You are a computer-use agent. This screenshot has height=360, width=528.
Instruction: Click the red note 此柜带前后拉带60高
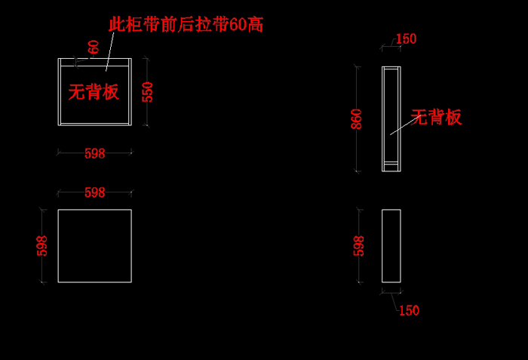pos(186,25)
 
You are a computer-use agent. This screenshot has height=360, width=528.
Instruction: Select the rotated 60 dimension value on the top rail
pos(94,47)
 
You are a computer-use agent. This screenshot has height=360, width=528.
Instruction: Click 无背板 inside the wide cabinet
pos(94,91)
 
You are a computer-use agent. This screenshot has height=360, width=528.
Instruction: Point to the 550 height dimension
pos(147,91)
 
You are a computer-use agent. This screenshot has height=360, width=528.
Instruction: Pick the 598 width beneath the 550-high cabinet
pos(94,154)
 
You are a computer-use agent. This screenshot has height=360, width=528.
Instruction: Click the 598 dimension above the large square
pos(94,192)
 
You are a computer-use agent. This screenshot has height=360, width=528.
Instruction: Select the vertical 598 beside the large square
pos(42,246)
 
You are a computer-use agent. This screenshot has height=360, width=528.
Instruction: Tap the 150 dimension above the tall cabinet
pos(406,39)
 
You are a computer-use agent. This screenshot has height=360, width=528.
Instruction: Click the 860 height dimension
pos(356,119)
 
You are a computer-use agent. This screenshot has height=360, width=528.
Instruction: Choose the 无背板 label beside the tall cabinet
pos(436,117)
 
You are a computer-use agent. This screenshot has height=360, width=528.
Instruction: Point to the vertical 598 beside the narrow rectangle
pos(358,246)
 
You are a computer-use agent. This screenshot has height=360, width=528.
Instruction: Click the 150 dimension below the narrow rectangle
pos(409,310)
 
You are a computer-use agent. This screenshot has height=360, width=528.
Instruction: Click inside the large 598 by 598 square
pos(94,246)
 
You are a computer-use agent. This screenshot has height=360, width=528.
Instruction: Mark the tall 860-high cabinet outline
pos(382,119)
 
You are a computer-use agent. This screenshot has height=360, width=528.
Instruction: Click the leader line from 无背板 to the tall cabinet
pos(406,125)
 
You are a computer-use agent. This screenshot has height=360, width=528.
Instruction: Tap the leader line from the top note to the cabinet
pos(110,51)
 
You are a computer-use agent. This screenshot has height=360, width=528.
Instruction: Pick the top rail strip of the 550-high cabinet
pos(94,63)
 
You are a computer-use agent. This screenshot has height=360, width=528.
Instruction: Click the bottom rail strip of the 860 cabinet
pos(391,164)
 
